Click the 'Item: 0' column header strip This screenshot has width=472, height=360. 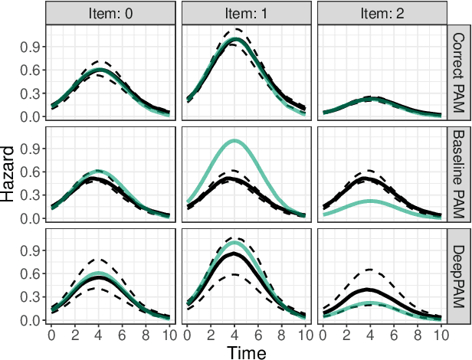[110, 12]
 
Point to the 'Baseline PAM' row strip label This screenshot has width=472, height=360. [458, 174]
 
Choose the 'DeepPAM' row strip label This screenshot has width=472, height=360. [458, 275]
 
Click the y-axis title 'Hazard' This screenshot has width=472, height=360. [9, 174]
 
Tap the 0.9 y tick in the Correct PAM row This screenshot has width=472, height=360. [30, 46]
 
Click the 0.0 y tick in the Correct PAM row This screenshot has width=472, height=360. [30, 116]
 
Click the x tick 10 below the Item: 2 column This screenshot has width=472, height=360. [441, 335]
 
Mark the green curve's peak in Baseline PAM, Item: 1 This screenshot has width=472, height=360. [234, 141]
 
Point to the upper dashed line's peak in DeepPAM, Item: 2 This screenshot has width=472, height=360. [369, 270]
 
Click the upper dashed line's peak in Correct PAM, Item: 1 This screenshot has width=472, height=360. [234, 29]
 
